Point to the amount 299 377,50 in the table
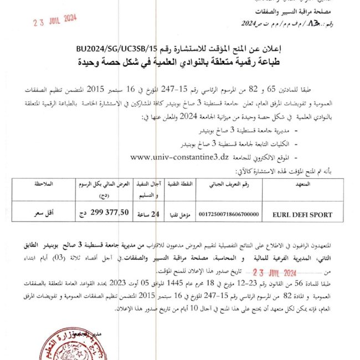tap(114, 212)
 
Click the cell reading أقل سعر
tap(44, 212)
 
